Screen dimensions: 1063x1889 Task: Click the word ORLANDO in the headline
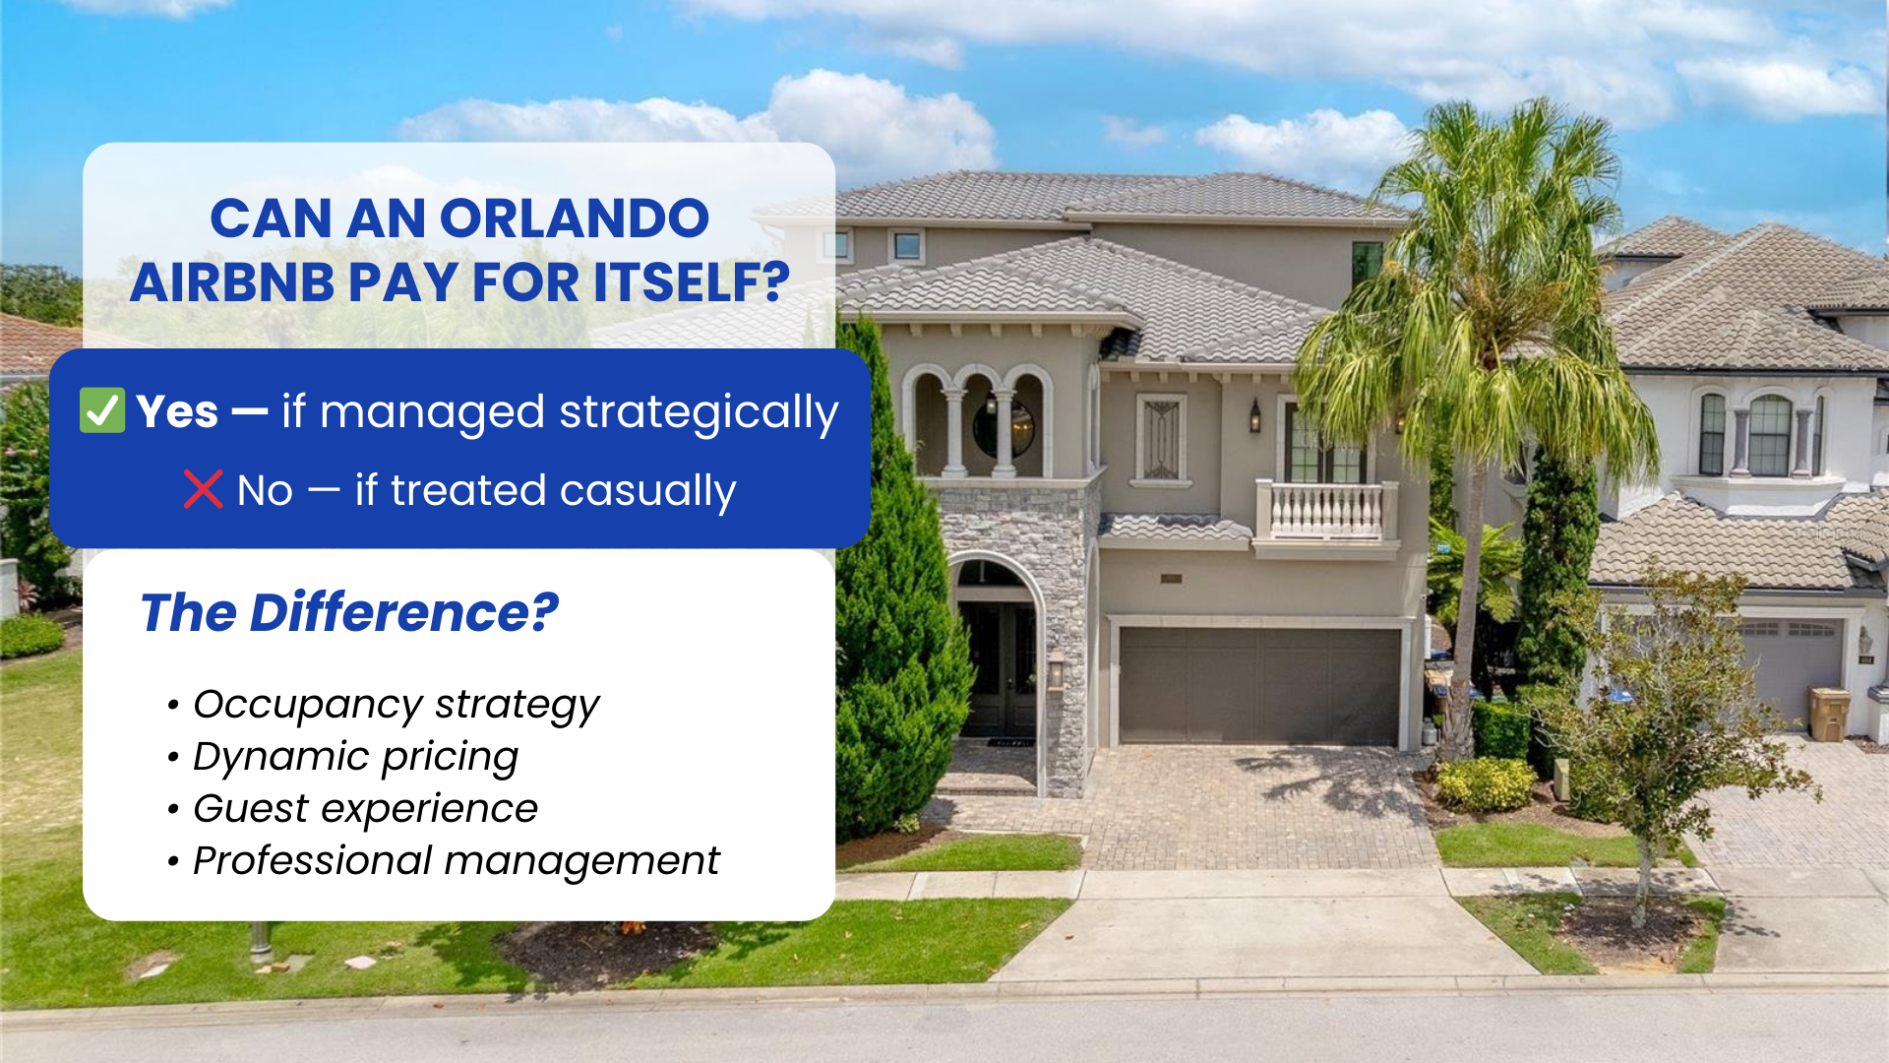[x=575, y=219]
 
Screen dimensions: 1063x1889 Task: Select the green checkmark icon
[x=102, y=410]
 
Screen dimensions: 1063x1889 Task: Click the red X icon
[x=203, y=489]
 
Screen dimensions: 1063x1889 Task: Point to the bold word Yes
[x=177, y=411]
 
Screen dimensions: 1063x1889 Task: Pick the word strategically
[x=699, y=413]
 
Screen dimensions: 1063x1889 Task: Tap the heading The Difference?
[x=349, y=612]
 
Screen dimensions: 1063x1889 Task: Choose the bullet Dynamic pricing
[x=355, y=757]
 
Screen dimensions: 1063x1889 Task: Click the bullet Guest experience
[x=365, y=809]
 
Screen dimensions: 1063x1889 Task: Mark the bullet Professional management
[x=456, y=861]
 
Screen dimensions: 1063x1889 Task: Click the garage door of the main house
[x=1258, y=685]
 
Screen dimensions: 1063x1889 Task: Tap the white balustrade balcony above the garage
[x=1326, y=511]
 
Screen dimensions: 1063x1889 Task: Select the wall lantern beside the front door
[x=1056, y=673]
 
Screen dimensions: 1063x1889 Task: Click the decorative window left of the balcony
[x=1161, y=438]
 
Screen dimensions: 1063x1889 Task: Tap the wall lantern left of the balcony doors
[x=1255, y=415]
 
